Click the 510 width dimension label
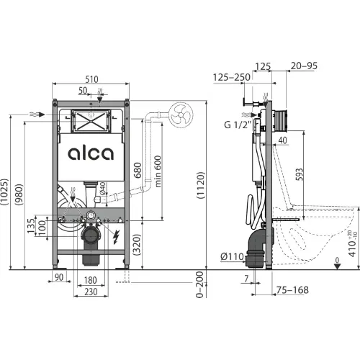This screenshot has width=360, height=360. point(91,79)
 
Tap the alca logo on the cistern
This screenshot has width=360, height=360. point(91,153)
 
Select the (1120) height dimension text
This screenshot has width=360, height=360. point(201,185)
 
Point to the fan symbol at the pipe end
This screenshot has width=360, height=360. point(181,114)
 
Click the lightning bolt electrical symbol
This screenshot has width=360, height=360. point(117,237)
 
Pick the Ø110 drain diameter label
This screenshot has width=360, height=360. point(232,257)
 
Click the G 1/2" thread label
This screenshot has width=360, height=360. point(238,125)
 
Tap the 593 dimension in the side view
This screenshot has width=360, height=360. point(300,174)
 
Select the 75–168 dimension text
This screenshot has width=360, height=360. point(292,290)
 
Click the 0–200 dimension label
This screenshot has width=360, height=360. point(199,284)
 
